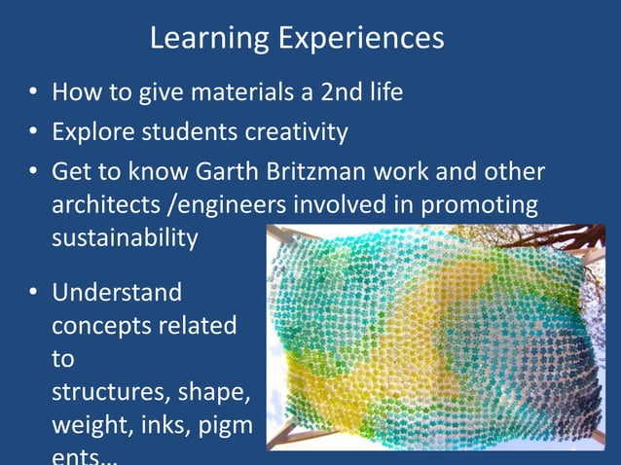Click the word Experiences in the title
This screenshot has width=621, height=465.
pos(362,39)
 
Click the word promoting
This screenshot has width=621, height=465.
pos(484,205)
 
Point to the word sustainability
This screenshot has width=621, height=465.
pos(125,239)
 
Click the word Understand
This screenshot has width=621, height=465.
pos(117,292)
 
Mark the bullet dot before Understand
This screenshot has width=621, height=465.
pos(32,292)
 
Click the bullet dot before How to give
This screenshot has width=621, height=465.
pos(32,94)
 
